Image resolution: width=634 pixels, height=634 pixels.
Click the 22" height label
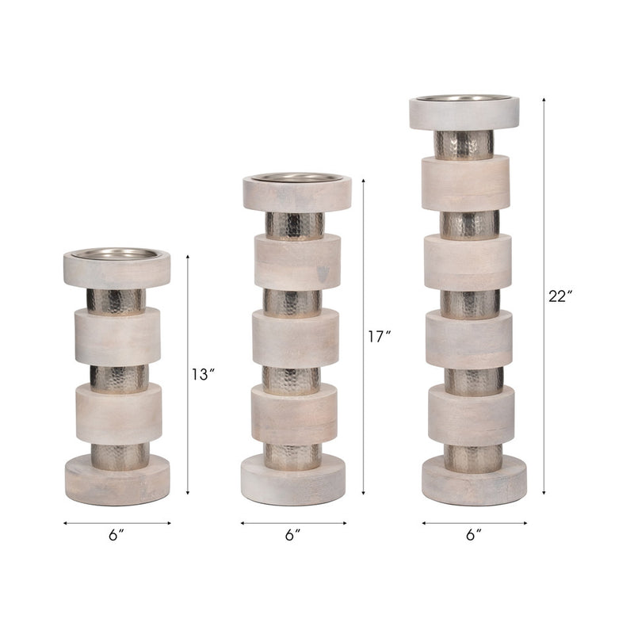click(560, 296)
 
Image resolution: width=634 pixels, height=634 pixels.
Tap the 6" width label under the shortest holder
click(117, 535)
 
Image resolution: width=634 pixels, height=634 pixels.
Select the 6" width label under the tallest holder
click(474, 535)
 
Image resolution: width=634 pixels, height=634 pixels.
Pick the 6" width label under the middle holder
click(293, 535)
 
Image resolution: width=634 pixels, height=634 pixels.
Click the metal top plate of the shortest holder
click(116, 254)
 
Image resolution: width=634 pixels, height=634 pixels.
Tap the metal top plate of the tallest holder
click(464, 99)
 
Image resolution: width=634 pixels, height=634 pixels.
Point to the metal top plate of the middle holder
click(296, 178)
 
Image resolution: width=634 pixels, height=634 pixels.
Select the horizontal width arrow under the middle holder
click(293, 523)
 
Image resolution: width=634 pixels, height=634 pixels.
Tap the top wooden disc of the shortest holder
click(116, 273)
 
